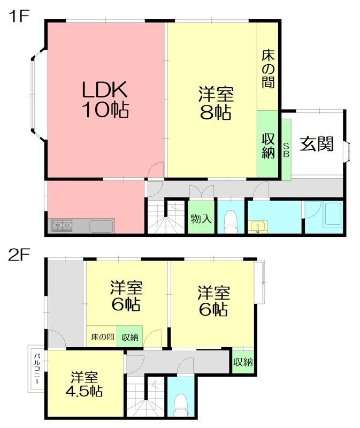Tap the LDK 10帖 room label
(105, 100)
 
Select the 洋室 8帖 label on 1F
(216, 103)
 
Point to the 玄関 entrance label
(317, 143)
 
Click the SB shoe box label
(286, 150)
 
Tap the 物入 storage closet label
(201, 218)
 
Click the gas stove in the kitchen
(63, 226)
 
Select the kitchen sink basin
(101, 226)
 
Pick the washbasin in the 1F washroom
(258, 227)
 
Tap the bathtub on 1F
(332, 215)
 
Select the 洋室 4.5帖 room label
(84, 384)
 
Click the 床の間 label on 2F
(102, 337)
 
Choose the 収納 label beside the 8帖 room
(268, 146)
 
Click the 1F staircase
(166, 217)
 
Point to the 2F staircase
(145, 399)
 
